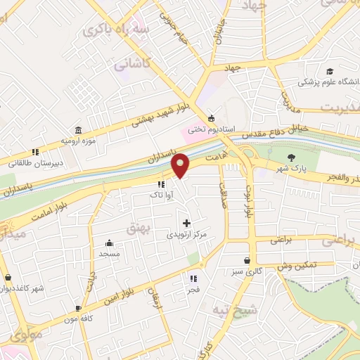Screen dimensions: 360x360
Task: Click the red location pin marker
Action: coord(181,165)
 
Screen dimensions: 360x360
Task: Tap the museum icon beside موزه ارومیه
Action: coord(77,131)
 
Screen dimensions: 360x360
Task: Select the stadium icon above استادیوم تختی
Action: coord(212,118)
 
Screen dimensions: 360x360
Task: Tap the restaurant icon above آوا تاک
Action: coord(162,185)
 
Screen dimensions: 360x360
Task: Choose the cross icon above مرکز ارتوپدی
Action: coord(186,223)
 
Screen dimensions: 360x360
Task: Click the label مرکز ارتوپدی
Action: coord(189,234)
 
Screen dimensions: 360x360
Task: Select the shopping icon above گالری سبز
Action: coord(246,260)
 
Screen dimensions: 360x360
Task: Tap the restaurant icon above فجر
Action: coord(193,279)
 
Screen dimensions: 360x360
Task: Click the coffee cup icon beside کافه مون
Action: coord(78,308)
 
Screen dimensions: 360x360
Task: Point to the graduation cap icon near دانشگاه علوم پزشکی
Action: coord(329,71)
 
